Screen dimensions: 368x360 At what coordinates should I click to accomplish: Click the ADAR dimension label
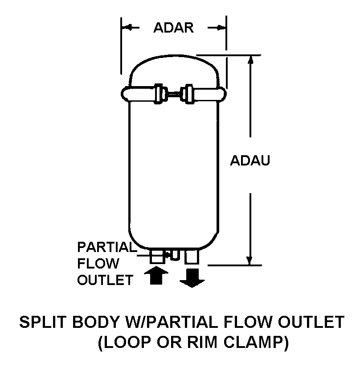point(173,28)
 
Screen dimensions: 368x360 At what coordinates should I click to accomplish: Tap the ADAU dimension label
point(250,161)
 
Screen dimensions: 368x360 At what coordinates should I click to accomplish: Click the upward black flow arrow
point(156,275)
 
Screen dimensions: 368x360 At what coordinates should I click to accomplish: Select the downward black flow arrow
point(192,277)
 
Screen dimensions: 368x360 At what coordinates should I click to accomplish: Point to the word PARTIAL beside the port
point(105,247)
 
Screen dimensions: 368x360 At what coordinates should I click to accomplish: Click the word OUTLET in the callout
point(105,280)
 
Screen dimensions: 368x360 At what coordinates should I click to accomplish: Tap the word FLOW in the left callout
point(98,264)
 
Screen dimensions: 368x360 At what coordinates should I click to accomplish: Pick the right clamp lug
point(189,94)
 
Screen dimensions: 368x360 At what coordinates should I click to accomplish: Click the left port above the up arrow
point(157,256)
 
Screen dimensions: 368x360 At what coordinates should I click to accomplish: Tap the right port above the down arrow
point(192,256)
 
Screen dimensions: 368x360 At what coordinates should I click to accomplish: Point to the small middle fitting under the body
point(174,254)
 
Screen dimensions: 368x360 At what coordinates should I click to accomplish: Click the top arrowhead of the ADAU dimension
point(251,61)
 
